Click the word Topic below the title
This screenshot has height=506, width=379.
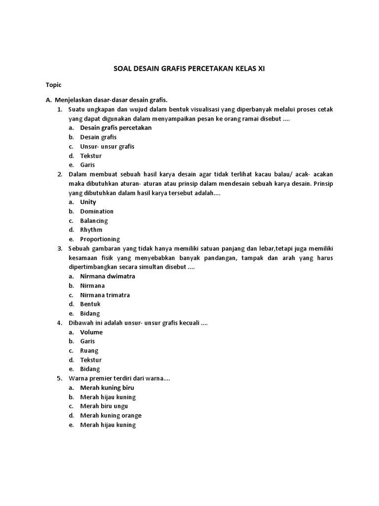coord(53,85)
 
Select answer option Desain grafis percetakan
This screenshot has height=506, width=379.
coord(116,127)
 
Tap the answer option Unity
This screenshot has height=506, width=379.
coord(88,202)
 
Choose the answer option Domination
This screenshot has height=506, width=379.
coord(97,211)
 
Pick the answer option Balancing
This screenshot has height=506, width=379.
coord(94,221)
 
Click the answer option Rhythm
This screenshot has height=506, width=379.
coord(91,230)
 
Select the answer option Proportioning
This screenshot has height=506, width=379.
coord(100,239)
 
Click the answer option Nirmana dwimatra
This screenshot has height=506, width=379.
coord(108,276)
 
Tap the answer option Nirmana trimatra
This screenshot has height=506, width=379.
coord(105,295)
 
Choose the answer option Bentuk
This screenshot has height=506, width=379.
coord(90,304)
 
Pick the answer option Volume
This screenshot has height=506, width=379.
coord(91,332)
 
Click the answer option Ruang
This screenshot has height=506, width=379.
coord(89,351)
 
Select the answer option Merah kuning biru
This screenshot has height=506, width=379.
coord(107,388)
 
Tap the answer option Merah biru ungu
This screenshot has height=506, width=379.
coord(104,406)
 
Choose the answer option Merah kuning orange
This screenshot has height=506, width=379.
coord(111,416)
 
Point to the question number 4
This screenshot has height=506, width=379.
coord(59,323)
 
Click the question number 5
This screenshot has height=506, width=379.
coord(59,379)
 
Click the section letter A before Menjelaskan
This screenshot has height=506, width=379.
coord(48,100)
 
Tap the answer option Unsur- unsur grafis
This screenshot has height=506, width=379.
coord(107,146)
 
